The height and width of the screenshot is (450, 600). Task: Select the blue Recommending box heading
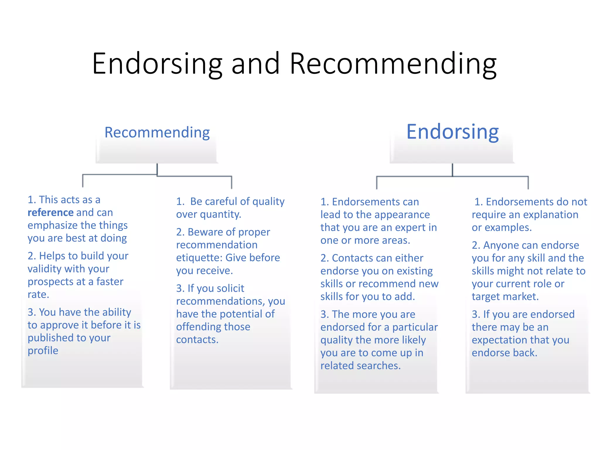157,132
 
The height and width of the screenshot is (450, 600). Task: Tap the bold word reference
50,212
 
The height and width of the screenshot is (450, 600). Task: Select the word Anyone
502,245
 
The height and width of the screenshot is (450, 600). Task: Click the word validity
44,269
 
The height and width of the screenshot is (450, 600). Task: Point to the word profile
43,350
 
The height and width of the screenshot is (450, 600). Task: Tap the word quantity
223,214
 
